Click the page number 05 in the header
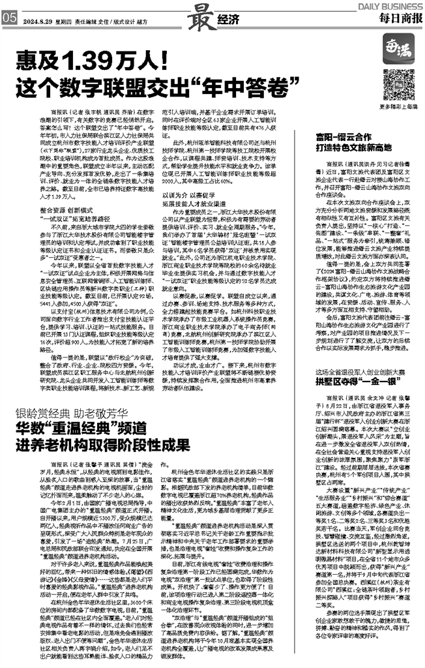click(10, 20)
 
